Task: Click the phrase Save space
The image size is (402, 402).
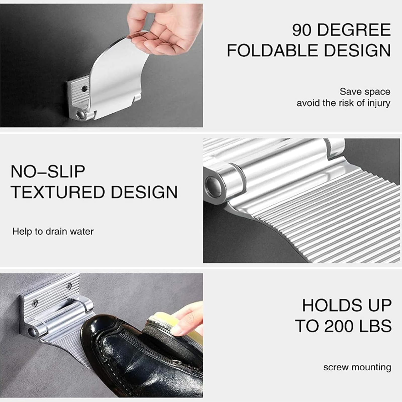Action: click(365, 92)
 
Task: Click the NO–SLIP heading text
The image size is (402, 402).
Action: click(48, 171)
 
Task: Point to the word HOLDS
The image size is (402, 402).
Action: click(328, 305)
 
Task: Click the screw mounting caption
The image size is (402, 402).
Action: click(357, 367)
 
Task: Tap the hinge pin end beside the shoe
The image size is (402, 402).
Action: click(33, 331)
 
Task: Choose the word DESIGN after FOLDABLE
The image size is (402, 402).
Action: click(357, 50)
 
